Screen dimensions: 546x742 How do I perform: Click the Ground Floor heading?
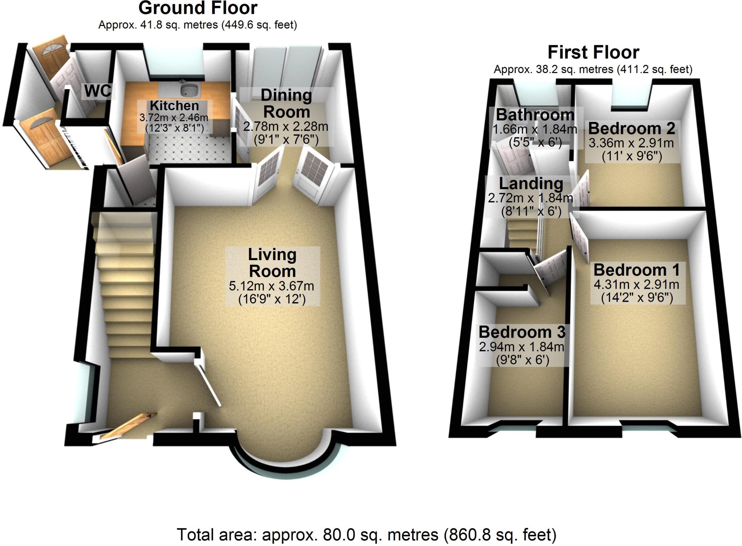(198, 8)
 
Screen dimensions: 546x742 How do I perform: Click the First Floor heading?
(593, 52)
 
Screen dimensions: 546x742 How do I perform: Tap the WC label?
(97, 91)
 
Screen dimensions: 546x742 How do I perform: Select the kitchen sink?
(189, 89)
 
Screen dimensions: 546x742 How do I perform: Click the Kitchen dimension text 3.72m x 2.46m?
(174, 118)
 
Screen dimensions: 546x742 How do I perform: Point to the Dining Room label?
(286, 104)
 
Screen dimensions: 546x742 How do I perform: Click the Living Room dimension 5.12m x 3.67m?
(271, 286)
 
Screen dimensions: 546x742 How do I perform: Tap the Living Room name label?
(272, 263)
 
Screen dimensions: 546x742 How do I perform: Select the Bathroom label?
(535, 115)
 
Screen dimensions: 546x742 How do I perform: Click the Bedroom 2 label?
(632, 129)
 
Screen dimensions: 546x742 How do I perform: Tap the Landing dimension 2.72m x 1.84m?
(530, 198)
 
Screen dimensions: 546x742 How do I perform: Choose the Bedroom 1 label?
(637, 270)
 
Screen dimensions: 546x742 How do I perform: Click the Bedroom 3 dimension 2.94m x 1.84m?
(521, 347)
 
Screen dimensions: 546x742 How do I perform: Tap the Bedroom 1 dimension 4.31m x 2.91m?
(636, 285)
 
